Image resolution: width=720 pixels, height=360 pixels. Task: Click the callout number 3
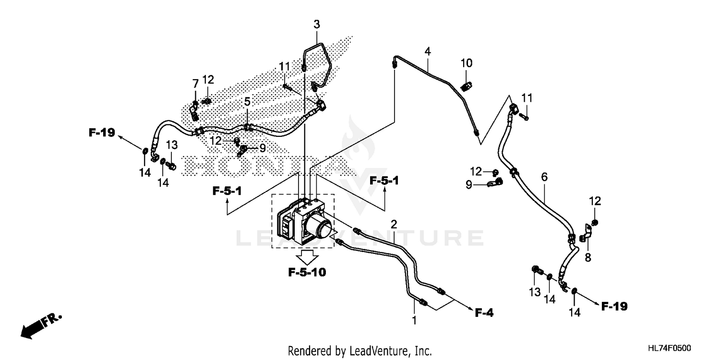tap(317, 24)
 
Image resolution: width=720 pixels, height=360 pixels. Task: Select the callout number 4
tap(428, 51)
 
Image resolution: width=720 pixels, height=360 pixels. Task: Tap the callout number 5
tap(247, 102)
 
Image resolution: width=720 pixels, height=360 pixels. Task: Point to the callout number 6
tap(544, 177)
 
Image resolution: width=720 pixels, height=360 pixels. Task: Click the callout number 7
tap(195, 84)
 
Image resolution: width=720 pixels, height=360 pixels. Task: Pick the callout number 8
tap(588, 258)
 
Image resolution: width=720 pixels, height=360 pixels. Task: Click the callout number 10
tap(467, 63)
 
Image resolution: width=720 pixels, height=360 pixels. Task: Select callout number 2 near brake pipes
tap(394, 224)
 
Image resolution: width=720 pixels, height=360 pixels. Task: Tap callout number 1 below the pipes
tap(414, 319)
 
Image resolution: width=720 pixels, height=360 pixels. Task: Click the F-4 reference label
tap(484, 313)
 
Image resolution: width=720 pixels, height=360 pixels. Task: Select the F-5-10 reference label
tap(307, 273)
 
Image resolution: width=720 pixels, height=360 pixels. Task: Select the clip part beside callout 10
tap(466, 86)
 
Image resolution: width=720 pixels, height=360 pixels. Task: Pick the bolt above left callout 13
tap(171, 166)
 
